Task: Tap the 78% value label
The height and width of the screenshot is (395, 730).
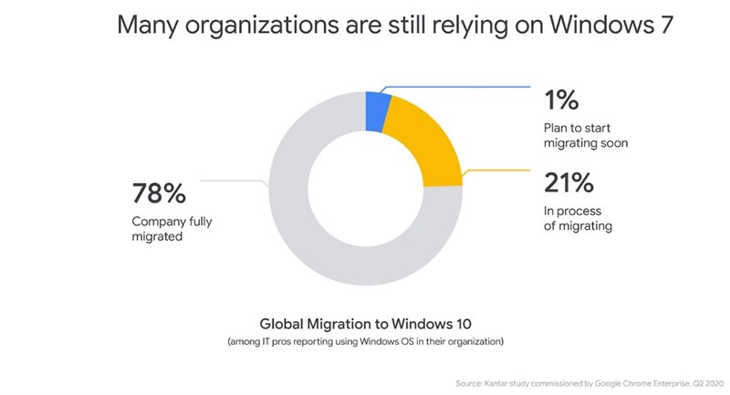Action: tap(159, 193)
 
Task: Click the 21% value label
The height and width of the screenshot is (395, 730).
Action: tap(568, 183)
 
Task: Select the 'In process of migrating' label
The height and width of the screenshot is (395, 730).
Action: tap(577, 219)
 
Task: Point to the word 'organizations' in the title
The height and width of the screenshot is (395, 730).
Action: tap(260, 26)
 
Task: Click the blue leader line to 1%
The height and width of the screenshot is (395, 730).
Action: tap(456, 88)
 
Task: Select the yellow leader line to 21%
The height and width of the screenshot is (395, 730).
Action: tap(497, 171)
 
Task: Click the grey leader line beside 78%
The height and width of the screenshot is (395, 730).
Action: tap(233, 181)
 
